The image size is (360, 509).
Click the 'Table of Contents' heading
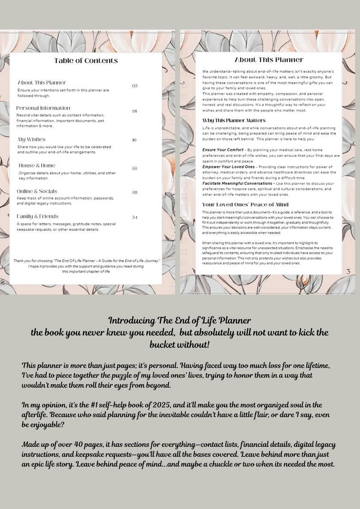86,61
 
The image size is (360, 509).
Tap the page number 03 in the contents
135,86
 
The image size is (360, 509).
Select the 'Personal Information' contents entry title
43,108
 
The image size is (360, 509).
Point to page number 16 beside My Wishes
134,140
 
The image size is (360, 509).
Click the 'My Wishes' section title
31,139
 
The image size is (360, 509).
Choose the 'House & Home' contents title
37,165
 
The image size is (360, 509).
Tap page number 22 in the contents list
135,168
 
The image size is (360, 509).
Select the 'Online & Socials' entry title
37,191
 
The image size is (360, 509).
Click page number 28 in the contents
135,192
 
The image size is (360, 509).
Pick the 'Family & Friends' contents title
38,216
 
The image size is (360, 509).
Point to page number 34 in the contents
135,218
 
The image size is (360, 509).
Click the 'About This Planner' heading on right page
269,60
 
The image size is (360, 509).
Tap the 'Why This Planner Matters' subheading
234,121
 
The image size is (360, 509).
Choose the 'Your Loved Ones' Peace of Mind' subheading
245,205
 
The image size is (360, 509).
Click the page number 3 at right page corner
348,271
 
